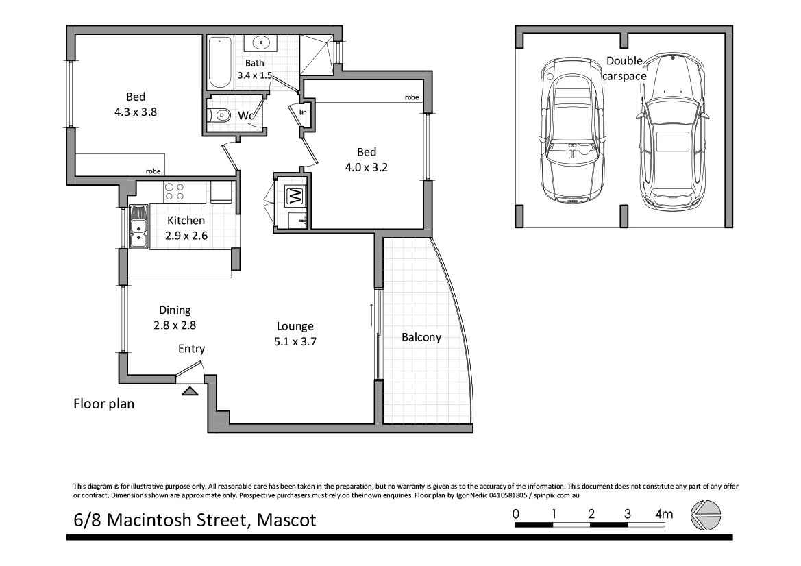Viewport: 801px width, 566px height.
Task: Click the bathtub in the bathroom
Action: pos(220,63)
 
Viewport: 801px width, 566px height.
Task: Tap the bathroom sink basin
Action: pos(260,43)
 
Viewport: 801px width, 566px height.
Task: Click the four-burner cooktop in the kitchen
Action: pos(175,191)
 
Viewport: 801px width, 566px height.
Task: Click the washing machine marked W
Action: pos(295,197)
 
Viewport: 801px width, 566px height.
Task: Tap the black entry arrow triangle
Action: pos(190,391)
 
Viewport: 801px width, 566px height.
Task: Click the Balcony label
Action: pos(421,337)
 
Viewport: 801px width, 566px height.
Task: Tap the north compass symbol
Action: pos(705,515)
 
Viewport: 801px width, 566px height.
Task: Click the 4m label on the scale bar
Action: pos(664,514)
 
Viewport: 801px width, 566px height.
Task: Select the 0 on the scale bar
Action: pos(515,514)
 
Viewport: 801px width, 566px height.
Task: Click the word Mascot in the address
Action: pos(286,520)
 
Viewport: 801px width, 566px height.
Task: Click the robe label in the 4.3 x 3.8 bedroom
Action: pos(153,171)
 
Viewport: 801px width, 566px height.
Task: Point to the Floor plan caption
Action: pos(103,404)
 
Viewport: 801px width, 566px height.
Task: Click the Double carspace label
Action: pos(624,69)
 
